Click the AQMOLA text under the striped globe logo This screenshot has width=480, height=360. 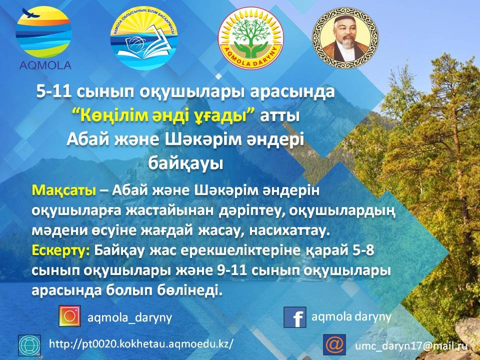(x=45, y=65)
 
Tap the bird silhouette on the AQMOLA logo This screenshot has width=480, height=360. (x=31, y=13)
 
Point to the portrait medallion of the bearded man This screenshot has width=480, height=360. (x=345, y=38)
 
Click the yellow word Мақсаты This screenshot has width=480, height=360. (x=63, y=190)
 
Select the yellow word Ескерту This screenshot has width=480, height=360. (x=61, y=250)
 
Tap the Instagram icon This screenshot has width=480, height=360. (x=70, y=316)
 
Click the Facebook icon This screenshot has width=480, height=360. (x=295, y=317)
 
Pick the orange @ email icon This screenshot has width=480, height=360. (x=334, y=344)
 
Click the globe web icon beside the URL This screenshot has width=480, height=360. (x=29, y=345)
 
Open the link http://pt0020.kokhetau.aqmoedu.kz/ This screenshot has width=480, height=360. (x=141, y=344)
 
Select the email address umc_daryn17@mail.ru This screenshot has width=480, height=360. (x=411, y=346)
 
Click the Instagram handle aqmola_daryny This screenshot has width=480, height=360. (x=130, y=317)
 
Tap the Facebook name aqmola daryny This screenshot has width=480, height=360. (x=351, y=317)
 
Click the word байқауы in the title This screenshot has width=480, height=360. (x=186, y=164)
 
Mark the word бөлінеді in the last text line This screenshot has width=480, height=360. (x=188, y=289)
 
